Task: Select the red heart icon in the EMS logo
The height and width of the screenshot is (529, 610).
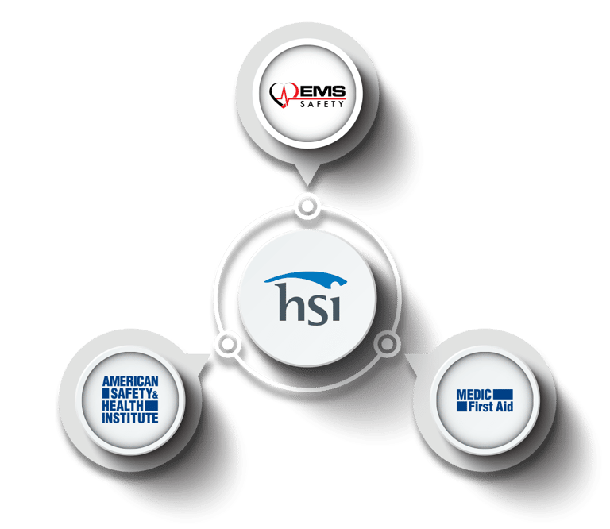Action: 283,96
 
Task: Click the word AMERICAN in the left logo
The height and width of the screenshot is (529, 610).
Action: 131,382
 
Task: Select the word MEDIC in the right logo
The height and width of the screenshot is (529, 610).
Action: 473,394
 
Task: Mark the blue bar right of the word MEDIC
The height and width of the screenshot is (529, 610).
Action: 503,394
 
